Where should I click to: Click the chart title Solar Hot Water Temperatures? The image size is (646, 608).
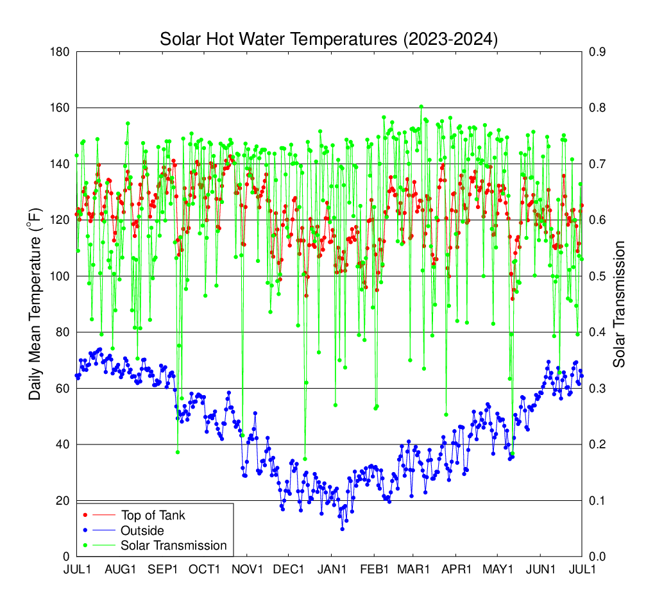pyautogui.click(x=328, y=39)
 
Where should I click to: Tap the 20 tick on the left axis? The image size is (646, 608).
pyautogui.click(x=63, y=501)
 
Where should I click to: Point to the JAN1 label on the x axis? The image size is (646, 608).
pyautogui.click(x=332, y=570)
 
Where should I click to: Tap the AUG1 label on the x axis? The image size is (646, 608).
pyautogui.click(x=120, y=570)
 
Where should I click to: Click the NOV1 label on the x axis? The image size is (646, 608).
pyautogui.click(x=248, y=570)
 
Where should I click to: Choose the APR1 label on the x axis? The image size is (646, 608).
pyautogui.click(x=457, y=570)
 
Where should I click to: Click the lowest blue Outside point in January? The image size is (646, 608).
pyautogui.click(x=342, y=529)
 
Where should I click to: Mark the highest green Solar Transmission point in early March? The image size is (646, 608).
pyautogui.click(x=421, y=107)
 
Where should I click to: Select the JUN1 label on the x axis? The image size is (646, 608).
pyautogui.click(x=541, y=570)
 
